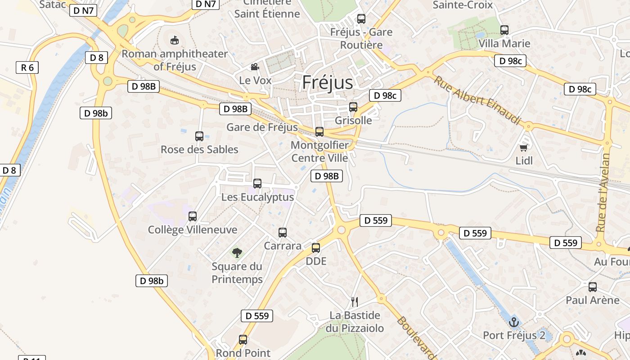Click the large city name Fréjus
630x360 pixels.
(x=328, y=82)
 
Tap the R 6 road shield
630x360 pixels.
(x=27, y=67)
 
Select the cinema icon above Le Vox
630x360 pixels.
(x=255, y=67)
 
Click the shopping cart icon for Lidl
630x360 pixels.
(x=523, y=148)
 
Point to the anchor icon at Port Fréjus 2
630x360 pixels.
(x=513, y=322)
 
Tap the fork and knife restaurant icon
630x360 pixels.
(x=355, y=302)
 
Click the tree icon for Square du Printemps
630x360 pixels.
(x=237, y=253)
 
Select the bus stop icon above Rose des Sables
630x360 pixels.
(x=199, y=136)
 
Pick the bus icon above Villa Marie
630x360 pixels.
(x=504, y=30)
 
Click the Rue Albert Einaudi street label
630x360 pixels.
(x=477, y=100)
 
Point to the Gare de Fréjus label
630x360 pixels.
(x=262, y=127)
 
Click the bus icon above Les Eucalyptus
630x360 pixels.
(x=257, y=184)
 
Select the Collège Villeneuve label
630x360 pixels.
(x=193, y=229)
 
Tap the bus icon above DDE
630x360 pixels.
(x=316, y=248)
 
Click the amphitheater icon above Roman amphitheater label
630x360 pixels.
(x=175, y=40)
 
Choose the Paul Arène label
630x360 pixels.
(x=593, y=300)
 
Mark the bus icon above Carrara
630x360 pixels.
(x=283, y=233)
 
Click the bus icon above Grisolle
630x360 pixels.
(x=353, y=107)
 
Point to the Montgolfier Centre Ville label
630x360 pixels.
(x=319, y=152)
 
